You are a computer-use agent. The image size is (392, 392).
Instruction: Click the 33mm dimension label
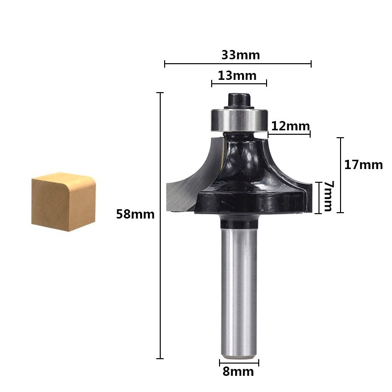pos(240,55)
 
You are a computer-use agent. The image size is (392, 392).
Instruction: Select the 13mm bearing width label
pos(237,75)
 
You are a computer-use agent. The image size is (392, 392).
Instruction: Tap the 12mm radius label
pos(290,126)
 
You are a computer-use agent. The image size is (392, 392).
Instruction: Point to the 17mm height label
pos(363,165)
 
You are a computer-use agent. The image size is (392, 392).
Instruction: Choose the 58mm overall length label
pos(135,214)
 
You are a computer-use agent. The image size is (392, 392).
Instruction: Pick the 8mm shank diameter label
pos(238,371)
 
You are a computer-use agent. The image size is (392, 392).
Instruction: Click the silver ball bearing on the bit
pos(239,119)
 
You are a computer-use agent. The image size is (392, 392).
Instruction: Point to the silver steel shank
pos(239,294)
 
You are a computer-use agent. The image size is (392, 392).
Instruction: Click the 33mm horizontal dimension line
pos(238,63)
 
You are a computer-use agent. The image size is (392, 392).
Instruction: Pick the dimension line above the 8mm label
pos(239,363)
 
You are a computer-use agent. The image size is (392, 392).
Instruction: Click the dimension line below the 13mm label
pos(239,83)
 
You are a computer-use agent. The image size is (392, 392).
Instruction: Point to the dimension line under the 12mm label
pos(289,134)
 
